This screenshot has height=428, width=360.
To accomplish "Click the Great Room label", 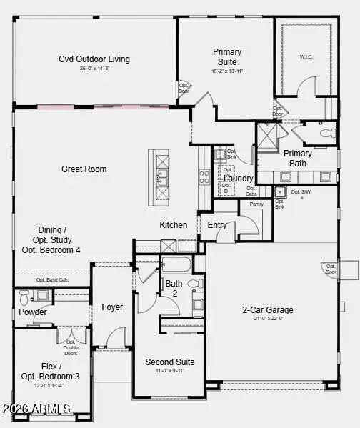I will [x=84, y=169].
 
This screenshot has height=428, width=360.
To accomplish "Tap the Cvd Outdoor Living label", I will [x=94, y=59].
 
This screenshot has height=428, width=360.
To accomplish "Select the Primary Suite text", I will [x=227, y=56].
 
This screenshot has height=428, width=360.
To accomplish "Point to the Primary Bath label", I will [x=297, y=158].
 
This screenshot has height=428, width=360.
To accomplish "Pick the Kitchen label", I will [x=174, y=225].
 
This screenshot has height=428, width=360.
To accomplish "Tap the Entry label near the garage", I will [x=217, y=225].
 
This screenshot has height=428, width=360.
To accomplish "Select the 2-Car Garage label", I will [x=269, y=310].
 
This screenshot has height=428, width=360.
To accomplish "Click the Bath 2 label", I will [x=174, y=288].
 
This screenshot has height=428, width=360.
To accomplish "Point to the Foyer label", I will [x=112, y=307].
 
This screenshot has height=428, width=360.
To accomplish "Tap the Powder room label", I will [x=33, y=312].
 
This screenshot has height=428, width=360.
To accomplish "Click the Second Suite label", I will [x=170, y=362].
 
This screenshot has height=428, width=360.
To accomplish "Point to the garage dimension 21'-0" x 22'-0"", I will [x=269, y=319].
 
